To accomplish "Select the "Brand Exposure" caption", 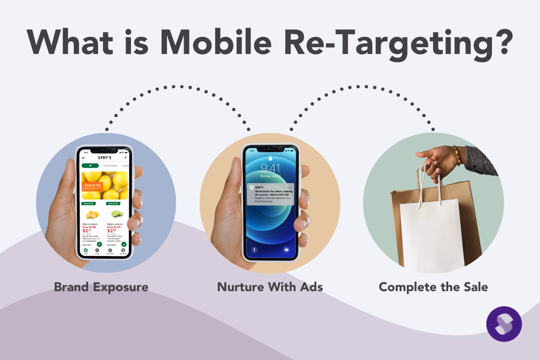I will click(x=101, y=287).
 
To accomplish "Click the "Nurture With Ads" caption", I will click(x=270, y=287).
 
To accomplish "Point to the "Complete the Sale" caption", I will click(x=433, y=287).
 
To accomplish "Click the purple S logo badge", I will click(x=504, y=324).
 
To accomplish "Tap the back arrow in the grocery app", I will click(x=84, y=158).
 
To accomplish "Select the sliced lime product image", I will click(x=115, y=214).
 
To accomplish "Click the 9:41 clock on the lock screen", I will click(x=270, y=168).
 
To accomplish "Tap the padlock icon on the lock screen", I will click(x=270, y=158).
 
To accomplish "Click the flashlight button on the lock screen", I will click(x=254, y=249).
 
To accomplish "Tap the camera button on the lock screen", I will click(x=286, y=249).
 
